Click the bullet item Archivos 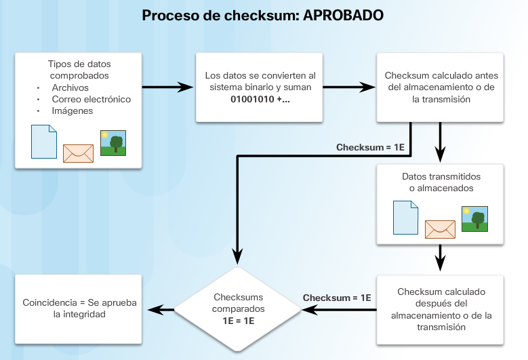(x=70, y=87)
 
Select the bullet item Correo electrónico (x=92, y=99)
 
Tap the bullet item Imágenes (x=73, y=111)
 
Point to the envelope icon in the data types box (x=77, y=153)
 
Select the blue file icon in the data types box (x=43, y=141)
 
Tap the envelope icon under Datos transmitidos (x=439, y=229)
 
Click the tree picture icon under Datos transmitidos (x=475, y=219)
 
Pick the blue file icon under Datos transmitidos (x=405, y=218)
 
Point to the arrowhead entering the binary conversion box (x=188, y=87)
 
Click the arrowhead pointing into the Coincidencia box (x=155, y=309)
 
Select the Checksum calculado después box (x=441, y=309)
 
